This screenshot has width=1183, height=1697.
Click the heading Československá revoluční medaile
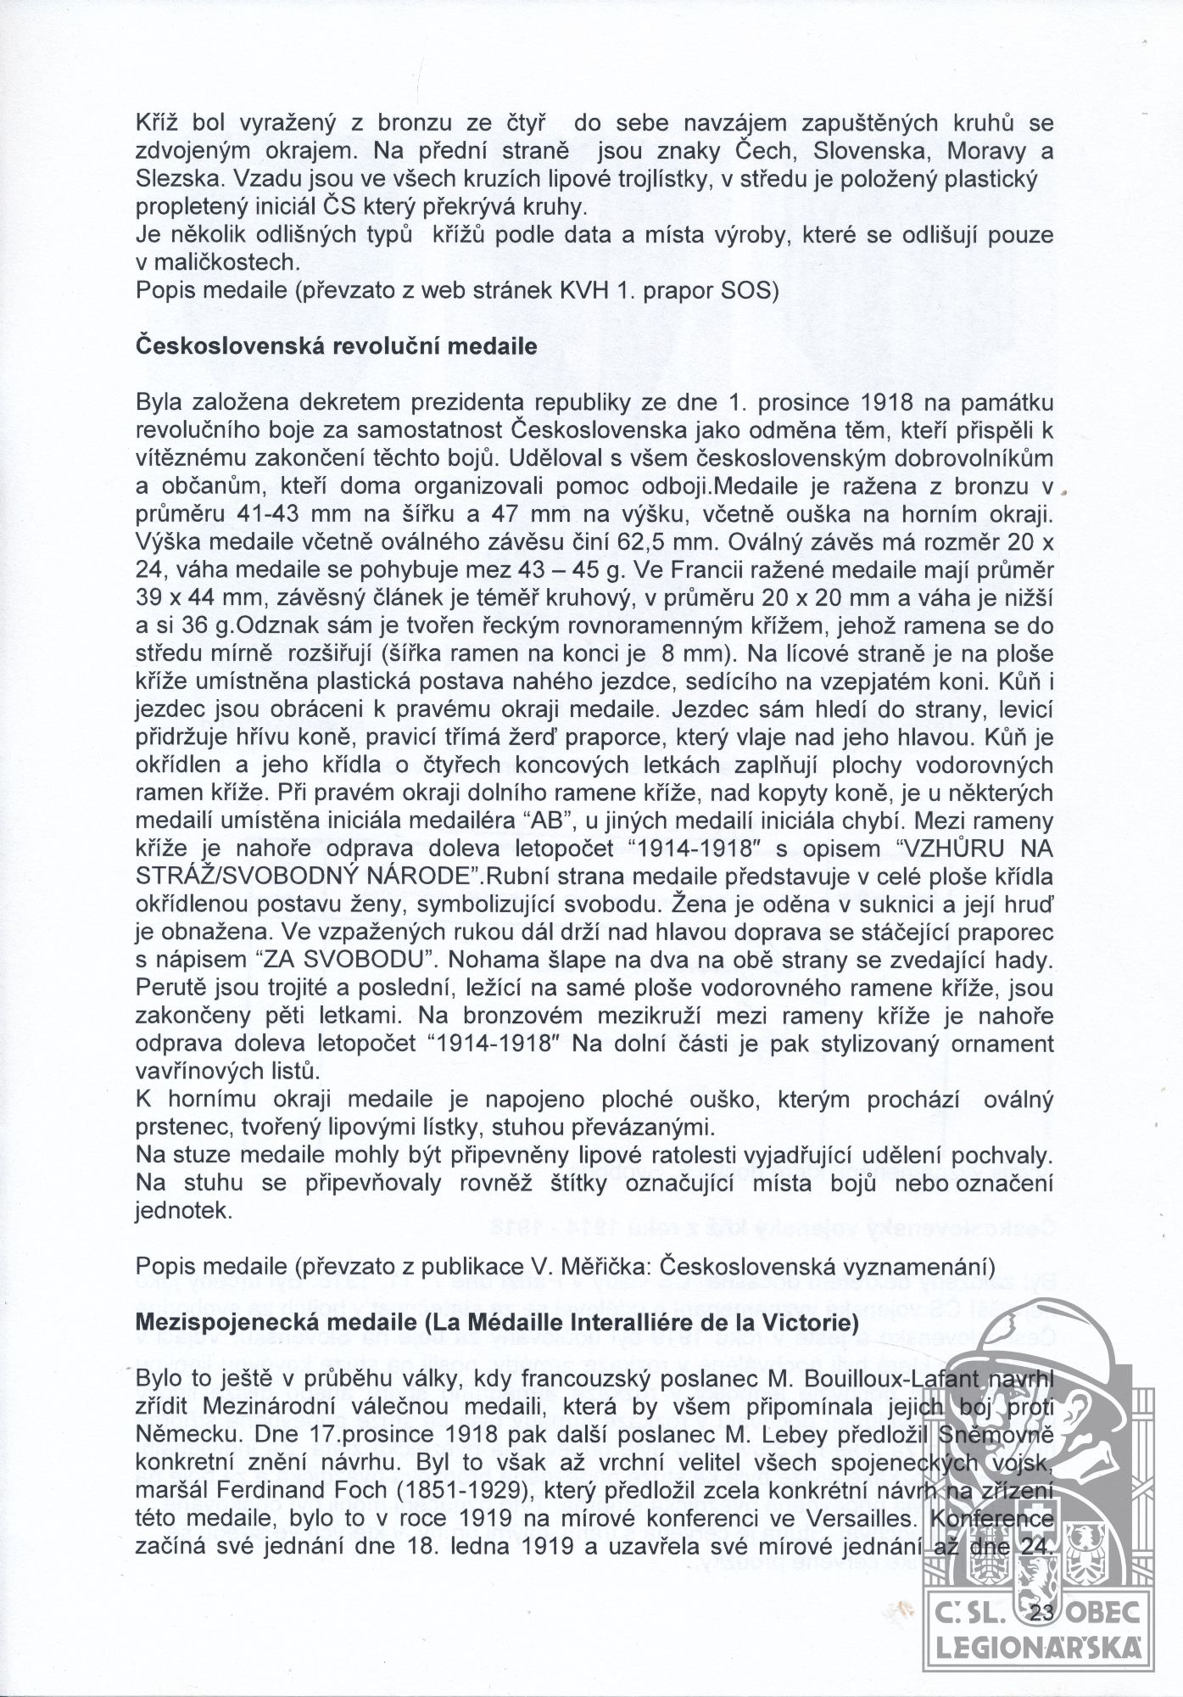(336, 346)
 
